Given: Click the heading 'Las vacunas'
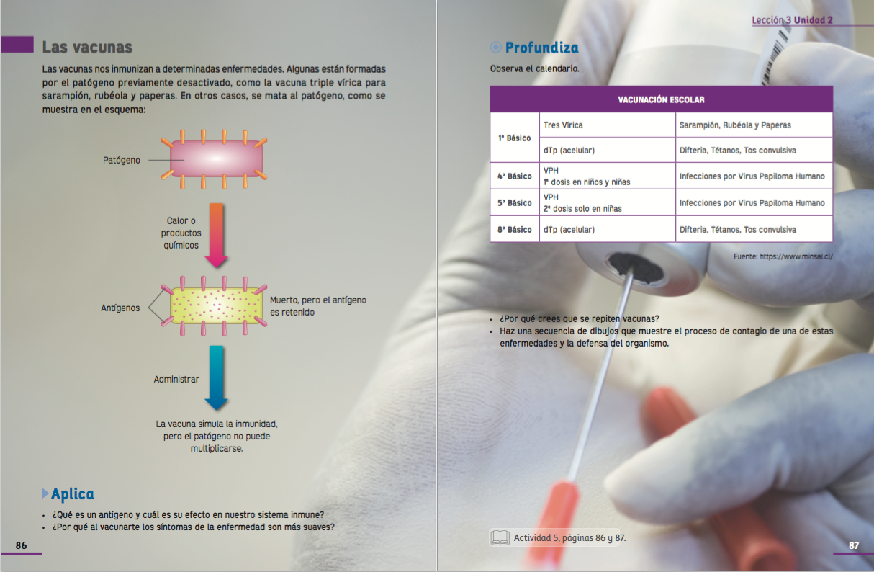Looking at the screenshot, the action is click(x=87, y=48).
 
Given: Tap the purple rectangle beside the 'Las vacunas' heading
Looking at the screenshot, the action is click(x=17, y=45).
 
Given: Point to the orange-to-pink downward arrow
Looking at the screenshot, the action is click(x=217, y=235).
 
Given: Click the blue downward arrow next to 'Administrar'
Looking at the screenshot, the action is click(x=216, y=377).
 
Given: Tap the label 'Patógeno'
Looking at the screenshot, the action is click(x=122, y=160).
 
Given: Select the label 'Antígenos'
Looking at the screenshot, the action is click(x=120, y=308).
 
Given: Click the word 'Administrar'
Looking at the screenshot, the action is click(x=176, y=379).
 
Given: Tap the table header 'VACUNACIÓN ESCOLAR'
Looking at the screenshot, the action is click(x=661, y=99).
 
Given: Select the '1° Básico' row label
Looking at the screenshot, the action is click(x=514, y=138).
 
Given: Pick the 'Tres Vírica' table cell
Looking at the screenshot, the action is click(x=563, y=125).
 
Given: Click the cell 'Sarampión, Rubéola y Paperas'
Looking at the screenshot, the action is click(x=735, y=125).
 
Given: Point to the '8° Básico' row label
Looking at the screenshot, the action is click(x=514, y=230).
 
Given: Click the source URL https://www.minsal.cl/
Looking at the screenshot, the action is click(x=796, y=256).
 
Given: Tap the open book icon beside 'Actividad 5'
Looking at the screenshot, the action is click(x=500, y=537).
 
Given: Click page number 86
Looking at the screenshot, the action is click(x=21, y=545).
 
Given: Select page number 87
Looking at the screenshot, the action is click(x=854, y=545).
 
